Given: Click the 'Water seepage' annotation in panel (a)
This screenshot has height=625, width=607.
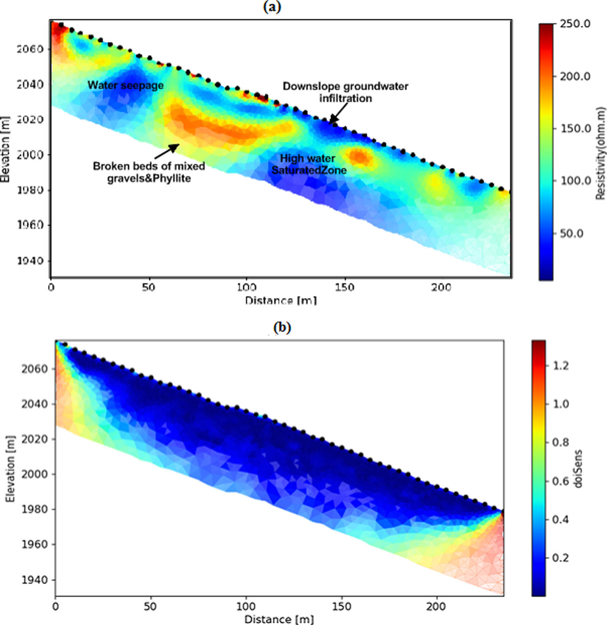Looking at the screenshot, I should click(x=125, y=85).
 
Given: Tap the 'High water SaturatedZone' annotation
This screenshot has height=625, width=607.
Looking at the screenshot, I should click(x=308, y=164).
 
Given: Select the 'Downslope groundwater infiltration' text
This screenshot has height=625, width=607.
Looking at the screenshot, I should click(x=345, y=92).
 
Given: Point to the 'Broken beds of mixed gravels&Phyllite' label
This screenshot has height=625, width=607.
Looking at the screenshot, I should click(x=149, y=172).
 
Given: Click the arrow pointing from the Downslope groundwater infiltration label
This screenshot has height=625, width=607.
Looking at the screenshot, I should click(x=338, y=112).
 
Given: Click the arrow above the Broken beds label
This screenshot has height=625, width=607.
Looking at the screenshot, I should click(x=167, y=151).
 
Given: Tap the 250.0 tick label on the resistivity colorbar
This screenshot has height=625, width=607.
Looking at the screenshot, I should click(x=575, y=24).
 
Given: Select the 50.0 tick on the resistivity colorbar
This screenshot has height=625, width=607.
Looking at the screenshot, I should click(x=571, y=233).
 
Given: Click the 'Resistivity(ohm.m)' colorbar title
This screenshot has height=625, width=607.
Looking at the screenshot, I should click(x=601, y=153).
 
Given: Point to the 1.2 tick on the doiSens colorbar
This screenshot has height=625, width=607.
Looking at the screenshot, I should click(x=560, y=366).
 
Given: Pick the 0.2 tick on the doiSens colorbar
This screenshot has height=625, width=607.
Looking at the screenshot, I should click(x=560, y=558).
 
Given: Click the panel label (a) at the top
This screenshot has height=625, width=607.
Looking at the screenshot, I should click(x=272, y=7).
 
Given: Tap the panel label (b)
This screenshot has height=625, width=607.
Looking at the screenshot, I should click(x=282, y=327).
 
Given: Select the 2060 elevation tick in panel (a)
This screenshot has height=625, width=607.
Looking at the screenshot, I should click(x=30, y=49).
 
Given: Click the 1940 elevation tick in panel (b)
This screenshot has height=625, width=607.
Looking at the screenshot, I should click(x=34, y=580).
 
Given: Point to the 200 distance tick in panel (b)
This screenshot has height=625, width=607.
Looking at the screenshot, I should click(x=436, y=607).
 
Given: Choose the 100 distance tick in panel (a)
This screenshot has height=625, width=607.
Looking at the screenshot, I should click(x=246, y=288).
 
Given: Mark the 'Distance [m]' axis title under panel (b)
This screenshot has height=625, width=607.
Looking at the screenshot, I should click(x=279, y=619).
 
